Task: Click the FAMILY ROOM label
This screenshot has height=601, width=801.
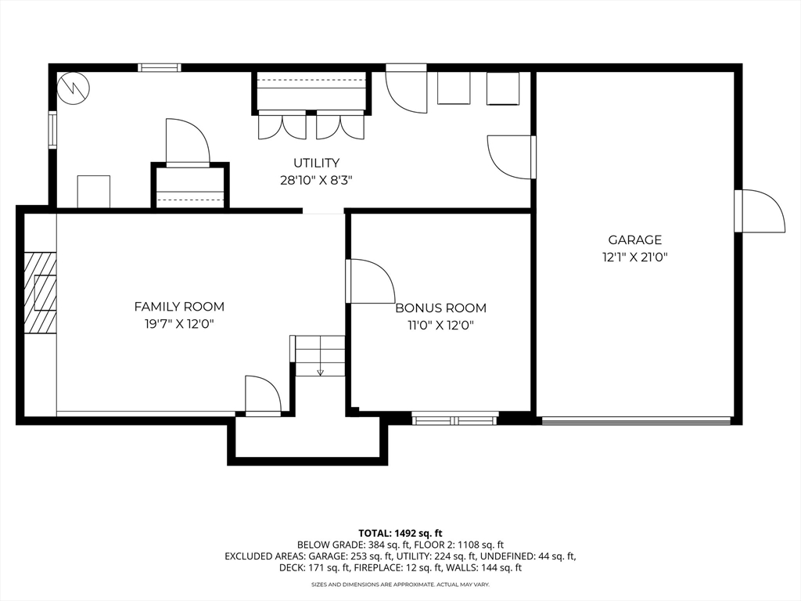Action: coord(179,307)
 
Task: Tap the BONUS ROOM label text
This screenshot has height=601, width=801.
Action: coord(441,308)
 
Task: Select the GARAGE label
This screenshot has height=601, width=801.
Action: coord(635,239)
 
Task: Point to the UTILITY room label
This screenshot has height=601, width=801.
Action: coord(316,163)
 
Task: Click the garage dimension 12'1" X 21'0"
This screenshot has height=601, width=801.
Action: coord(635,257)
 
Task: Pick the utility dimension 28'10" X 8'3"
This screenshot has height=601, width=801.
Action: coord(316,181)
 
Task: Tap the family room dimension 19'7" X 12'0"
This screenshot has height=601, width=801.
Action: coord(179,324)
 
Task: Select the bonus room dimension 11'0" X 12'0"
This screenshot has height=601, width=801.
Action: coord(441,325)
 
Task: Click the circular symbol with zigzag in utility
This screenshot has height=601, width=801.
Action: coord(73,88)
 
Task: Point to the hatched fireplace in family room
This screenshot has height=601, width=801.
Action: coord(41,293)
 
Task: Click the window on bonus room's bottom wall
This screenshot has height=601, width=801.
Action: coord(455,420)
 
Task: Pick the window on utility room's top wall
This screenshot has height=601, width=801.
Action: coord(160,67)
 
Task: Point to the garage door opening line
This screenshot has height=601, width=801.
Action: coord(636,420)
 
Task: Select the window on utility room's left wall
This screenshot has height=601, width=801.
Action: coord(52,129)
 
